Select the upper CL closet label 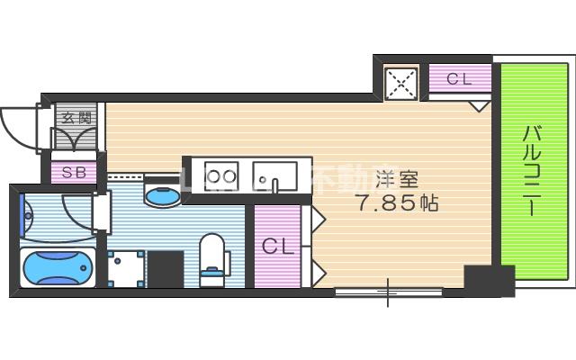point(459,79)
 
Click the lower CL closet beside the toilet point(278,246)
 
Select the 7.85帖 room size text point(397,203)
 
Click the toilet point(213,256)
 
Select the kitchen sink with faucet point(273,176)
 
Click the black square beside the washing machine point(167,268)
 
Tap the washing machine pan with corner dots point(125,268)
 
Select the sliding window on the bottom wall point(389,291)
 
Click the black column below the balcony point(489,280)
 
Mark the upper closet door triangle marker point(481,104)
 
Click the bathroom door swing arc point(76,211)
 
